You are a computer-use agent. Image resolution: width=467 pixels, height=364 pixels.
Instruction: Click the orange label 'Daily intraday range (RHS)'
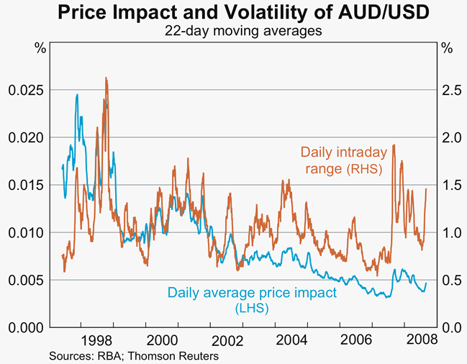tap(343, 160)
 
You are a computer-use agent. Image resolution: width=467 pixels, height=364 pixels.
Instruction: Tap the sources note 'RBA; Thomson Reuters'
tap(133, 355)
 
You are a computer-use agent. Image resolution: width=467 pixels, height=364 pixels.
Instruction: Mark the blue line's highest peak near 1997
tap(77, 94)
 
